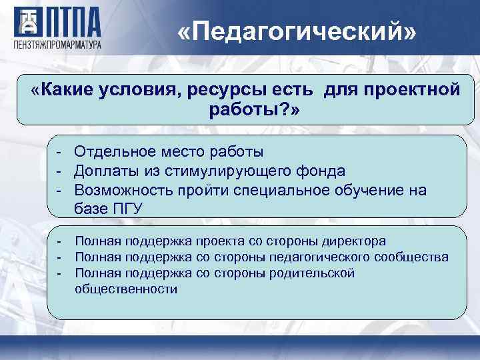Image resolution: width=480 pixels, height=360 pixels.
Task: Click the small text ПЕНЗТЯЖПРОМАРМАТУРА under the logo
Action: [x=57, y=45]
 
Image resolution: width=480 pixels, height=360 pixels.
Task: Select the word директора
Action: [x=351, y=241]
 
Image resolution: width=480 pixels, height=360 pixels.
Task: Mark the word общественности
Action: [x=126, y=289]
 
